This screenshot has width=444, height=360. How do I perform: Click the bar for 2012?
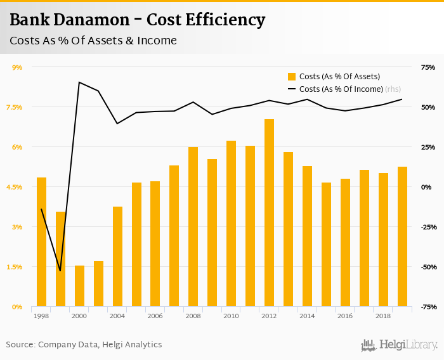tap(269, 213)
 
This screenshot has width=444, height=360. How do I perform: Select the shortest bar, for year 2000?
tap(79, 286)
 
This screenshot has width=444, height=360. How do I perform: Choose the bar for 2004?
tap(117, 257)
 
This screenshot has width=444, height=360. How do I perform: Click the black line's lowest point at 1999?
tap(60, 271)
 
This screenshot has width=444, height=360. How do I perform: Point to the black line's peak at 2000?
tap(79, 82)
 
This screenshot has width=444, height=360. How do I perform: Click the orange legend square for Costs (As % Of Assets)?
tap(292, 77)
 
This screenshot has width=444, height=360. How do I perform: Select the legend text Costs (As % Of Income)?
tap(341, 89)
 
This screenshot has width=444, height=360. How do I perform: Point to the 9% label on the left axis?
tap(17, 67)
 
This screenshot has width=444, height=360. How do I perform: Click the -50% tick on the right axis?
tap(426, 267)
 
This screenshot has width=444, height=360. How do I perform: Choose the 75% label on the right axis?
tap(428, 67)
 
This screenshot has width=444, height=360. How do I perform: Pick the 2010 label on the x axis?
tap(231, 316)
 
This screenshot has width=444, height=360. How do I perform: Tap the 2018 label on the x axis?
tap(382, 316)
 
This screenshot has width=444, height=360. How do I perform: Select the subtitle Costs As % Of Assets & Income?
tap(93, 41)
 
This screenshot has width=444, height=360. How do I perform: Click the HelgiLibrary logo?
tap(399, 345)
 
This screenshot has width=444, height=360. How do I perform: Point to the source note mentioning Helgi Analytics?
tap(84, 345)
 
